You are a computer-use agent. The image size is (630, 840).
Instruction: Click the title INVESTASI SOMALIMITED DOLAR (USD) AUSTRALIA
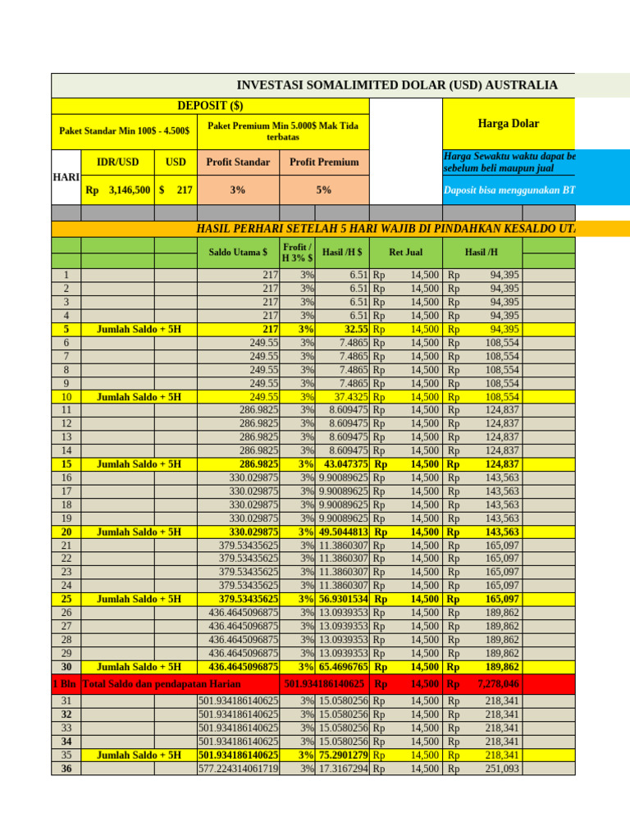(x=397, y=85)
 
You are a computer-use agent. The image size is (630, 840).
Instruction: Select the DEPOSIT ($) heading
(x=210, y=106)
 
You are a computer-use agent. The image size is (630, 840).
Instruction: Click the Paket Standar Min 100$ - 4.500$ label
(x=124, y=130)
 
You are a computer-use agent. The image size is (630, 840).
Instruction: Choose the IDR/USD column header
(x=118, y=162)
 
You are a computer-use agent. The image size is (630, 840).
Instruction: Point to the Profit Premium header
(x=324, y=162)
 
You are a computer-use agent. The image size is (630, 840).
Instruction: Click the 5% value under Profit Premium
(x=324, y=189)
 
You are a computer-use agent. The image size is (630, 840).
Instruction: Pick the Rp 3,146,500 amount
(x=118, y=189)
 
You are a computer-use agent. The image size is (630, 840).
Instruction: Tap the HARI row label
(x=66, y=176)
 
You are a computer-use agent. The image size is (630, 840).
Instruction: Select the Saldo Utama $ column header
(x=238, y=253)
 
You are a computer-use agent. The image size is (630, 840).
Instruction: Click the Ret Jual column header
(x=406, y=253)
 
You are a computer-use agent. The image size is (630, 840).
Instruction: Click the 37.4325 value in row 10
(x=345, y=396)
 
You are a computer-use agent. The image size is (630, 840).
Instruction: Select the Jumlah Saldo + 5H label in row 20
(x=139, y=531)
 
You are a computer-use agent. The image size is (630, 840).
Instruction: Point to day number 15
(x=66, y=463)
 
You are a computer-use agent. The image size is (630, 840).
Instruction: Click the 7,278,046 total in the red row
(x=498, y=683)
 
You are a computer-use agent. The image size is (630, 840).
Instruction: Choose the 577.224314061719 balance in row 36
(x=239, y=769)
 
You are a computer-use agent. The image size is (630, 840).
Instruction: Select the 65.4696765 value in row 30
(x=343, y=667)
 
